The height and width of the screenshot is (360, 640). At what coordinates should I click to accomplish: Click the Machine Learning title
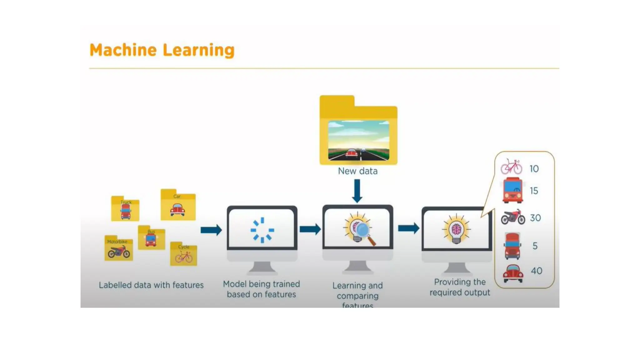tap(162, 50)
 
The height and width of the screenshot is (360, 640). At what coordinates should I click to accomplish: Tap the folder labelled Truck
tap(125, 209)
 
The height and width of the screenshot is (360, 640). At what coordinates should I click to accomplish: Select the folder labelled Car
tap(178, 206)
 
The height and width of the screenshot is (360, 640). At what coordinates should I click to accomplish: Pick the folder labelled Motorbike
tap(118, 249)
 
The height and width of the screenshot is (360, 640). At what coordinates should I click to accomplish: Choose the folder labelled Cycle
tap(184, 254)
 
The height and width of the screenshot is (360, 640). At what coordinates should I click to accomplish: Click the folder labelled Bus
tap(151, 238)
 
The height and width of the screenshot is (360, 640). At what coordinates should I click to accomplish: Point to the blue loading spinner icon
tap(262, 230)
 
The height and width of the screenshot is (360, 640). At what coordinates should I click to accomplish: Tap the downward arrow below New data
tap(357, 191)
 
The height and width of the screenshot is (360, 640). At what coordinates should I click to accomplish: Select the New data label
tap(358, 171)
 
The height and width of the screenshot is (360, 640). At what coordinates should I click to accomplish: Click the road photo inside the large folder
tap(359, 141)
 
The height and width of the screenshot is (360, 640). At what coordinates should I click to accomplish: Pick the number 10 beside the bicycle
tap(534, 169)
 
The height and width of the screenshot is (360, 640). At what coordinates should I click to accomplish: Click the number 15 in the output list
tap(534, 191)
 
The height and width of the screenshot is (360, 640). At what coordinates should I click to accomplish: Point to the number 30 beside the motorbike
tap(535, 218)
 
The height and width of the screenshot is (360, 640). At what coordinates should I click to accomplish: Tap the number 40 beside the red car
tap(537, 271)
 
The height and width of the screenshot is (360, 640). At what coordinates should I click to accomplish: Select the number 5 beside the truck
tap(535, 246)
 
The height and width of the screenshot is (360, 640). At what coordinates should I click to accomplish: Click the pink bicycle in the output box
tap(511, 167)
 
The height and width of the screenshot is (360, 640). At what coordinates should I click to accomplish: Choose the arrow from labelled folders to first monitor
tap(211, 230)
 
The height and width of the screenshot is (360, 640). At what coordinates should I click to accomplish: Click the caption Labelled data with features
tap(151, 285)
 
